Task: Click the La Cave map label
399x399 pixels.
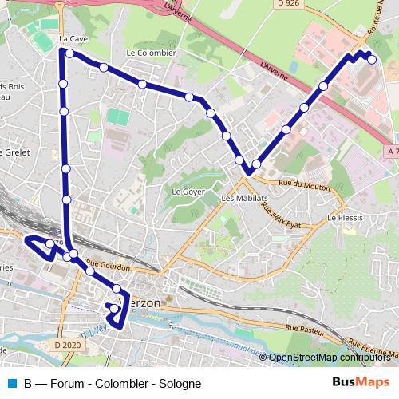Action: click(72, 38)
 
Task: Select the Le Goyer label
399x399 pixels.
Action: click(188, 192)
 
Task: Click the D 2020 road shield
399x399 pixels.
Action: click(69, 345)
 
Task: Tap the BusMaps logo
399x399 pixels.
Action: click(361, 382)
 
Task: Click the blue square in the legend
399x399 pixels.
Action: click(12, 383)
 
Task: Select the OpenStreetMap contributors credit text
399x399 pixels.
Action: click(329, 358)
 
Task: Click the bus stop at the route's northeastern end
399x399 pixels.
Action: click(371, 58)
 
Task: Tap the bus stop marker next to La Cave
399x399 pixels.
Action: click(70, 53)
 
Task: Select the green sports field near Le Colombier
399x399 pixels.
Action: click(119, 117)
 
